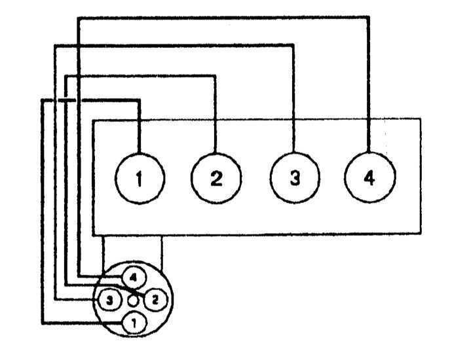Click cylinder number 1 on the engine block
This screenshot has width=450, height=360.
[x=140, y=178]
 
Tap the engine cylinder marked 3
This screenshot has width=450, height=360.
[x=295, y=177]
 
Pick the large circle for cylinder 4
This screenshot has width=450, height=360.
[x=369, y=177]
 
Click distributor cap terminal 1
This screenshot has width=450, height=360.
[x=134, y=323]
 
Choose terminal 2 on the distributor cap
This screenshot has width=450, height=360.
[x=155, y=300]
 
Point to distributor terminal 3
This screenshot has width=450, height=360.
[x=110, y=300]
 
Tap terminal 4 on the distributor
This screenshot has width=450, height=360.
[x=134, y=278]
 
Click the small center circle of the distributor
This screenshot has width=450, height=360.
[x=133, y=300]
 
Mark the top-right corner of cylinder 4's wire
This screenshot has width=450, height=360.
[x=368, y=18]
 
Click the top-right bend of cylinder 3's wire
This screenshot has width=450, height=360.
[x=293, y=45]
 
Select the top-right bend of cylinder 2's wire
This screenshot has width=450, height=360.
[x=215, y=76]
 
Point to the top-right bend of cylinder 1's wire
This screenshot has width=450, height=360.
[x=139, y=100]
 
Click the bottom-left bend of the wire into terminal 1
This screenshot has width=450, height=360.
[x=43, y=323]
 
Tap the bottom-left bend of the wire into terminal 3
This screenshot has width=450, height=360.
[x=56, y=300]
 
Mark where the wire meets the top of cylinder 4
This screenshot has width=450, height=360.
[x=369, y=152]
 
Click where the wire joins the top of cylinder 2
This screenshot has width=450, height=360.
[x=215, y=153]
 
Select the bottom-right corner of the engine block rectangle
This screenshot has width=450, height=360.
[x=421, y=234]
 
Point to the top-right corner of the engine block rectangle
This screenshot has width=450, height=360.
[x=421, y=118]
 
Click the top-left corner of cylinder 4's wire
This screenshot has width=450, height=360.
[x=79, y=18]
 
